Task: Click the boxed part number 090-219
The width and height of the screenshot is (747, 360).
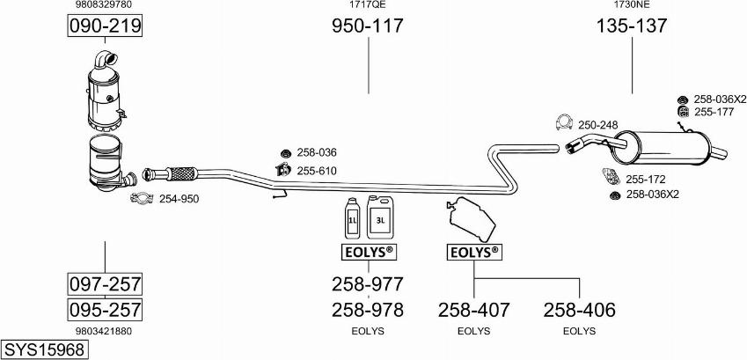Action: (x=105, y=27)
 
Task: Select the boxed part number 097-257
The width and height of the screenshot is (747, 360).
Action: (x=105, y=284)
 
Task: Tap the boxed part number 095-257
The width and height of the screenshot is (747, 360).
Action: (x=105, y=310)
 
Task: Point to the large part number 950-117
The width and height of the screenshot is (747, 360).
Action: (x=367, y=26)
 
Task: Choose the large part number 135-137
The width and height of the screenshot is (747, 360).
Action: (x=631, y=26)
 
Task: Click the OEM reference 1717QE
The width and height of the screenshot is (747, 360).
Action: (x=367, y=4)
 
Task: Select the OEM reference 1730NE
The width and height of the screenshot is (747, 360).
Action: (x=631, y=4)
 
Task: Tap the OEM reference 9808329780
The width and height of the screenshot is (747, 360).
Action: (x=105, y=4)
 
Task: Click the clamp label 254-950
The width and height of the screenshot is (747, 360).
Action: (x=179, y=199)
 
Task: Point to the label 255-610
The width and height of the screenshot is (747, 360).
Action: (x=317, y=171)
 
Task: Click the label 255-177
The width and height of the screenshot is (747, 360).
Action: (x=714, y=112)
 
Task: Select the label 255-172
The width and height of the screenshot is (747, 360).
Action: (x=645, y=180)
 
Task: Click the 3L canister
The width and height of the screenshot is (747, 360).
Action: (x=380, y=217)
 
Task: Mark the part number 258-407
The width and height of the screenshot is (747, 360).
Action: (x=474, y=310)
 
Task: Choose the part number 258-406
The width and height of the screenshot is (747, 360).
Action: (x=579, y=310)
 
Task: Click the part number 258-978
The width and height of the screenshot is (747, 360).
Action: (x=367, y=310)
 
